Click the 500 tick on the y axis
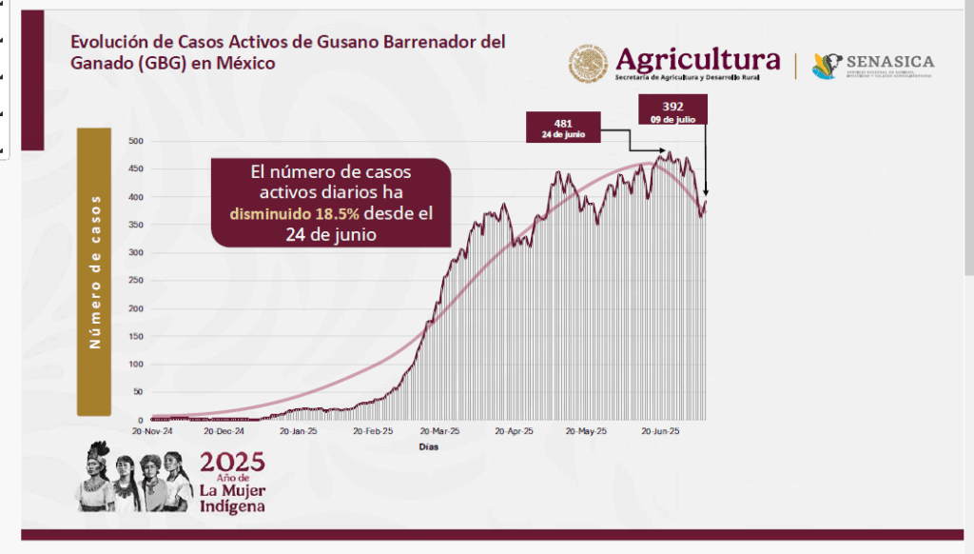click(135, 142)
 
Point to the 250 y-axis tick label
click(135, 281)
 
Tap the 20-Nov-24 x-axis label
click(152, 431)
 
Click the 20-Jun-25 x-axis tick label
click(659, 431)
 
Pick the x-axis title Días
click(429, 446)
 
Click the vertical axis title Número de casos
click(94, 271)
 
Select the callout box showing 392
click(672, 110)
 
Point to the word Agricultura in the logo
click(697, 57)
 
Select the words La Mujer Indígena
click(232, 498)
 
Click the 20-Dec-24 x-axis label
click(225, 431)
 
